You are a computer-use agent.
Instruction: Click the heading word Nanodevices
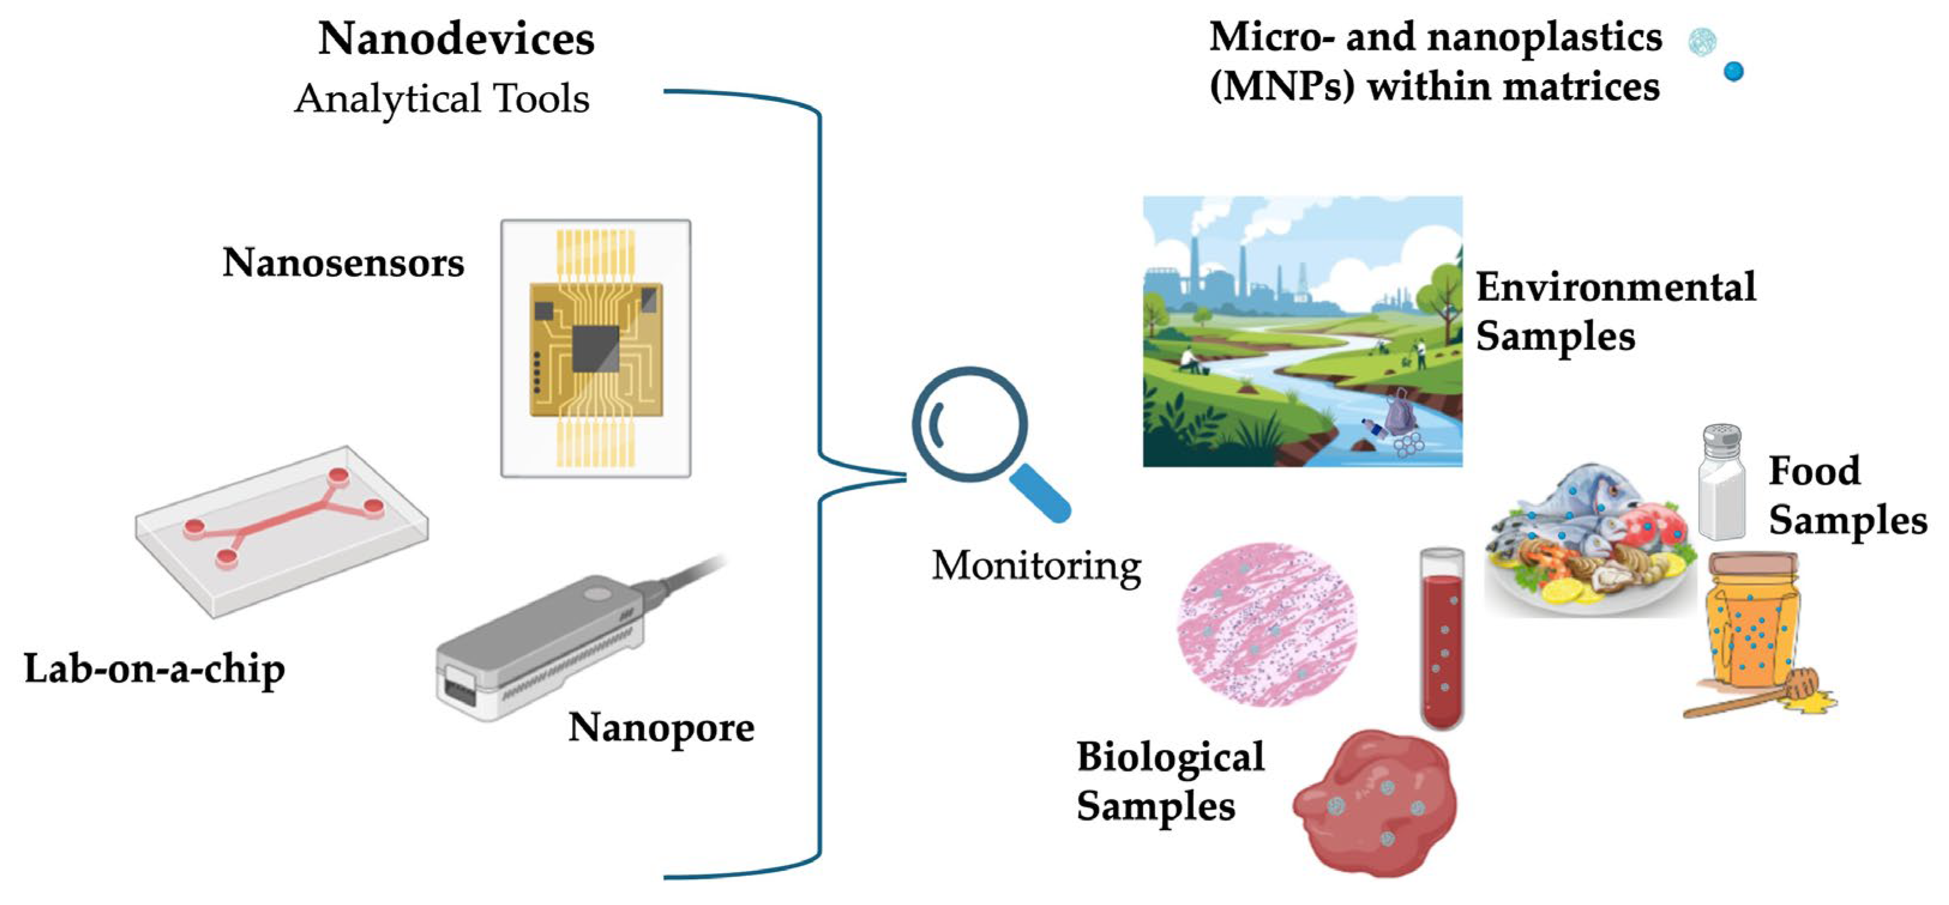pos(456,40)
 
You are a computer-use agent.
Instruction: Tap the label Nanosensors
pos(343,264)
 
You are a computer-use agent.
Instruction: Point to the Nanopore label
pos(660,728)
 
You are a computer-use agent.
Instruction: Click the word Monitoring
pos(1036,566)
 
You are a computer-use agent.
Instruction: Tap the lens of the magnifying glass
pos(969,424)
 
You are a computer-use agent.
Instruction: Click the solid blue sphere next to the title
pos(1733,72)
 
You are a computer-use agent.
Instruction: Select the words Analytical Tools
pos(442,99)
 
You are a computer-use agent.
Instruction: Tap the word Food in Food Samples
pos(1813,471)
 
